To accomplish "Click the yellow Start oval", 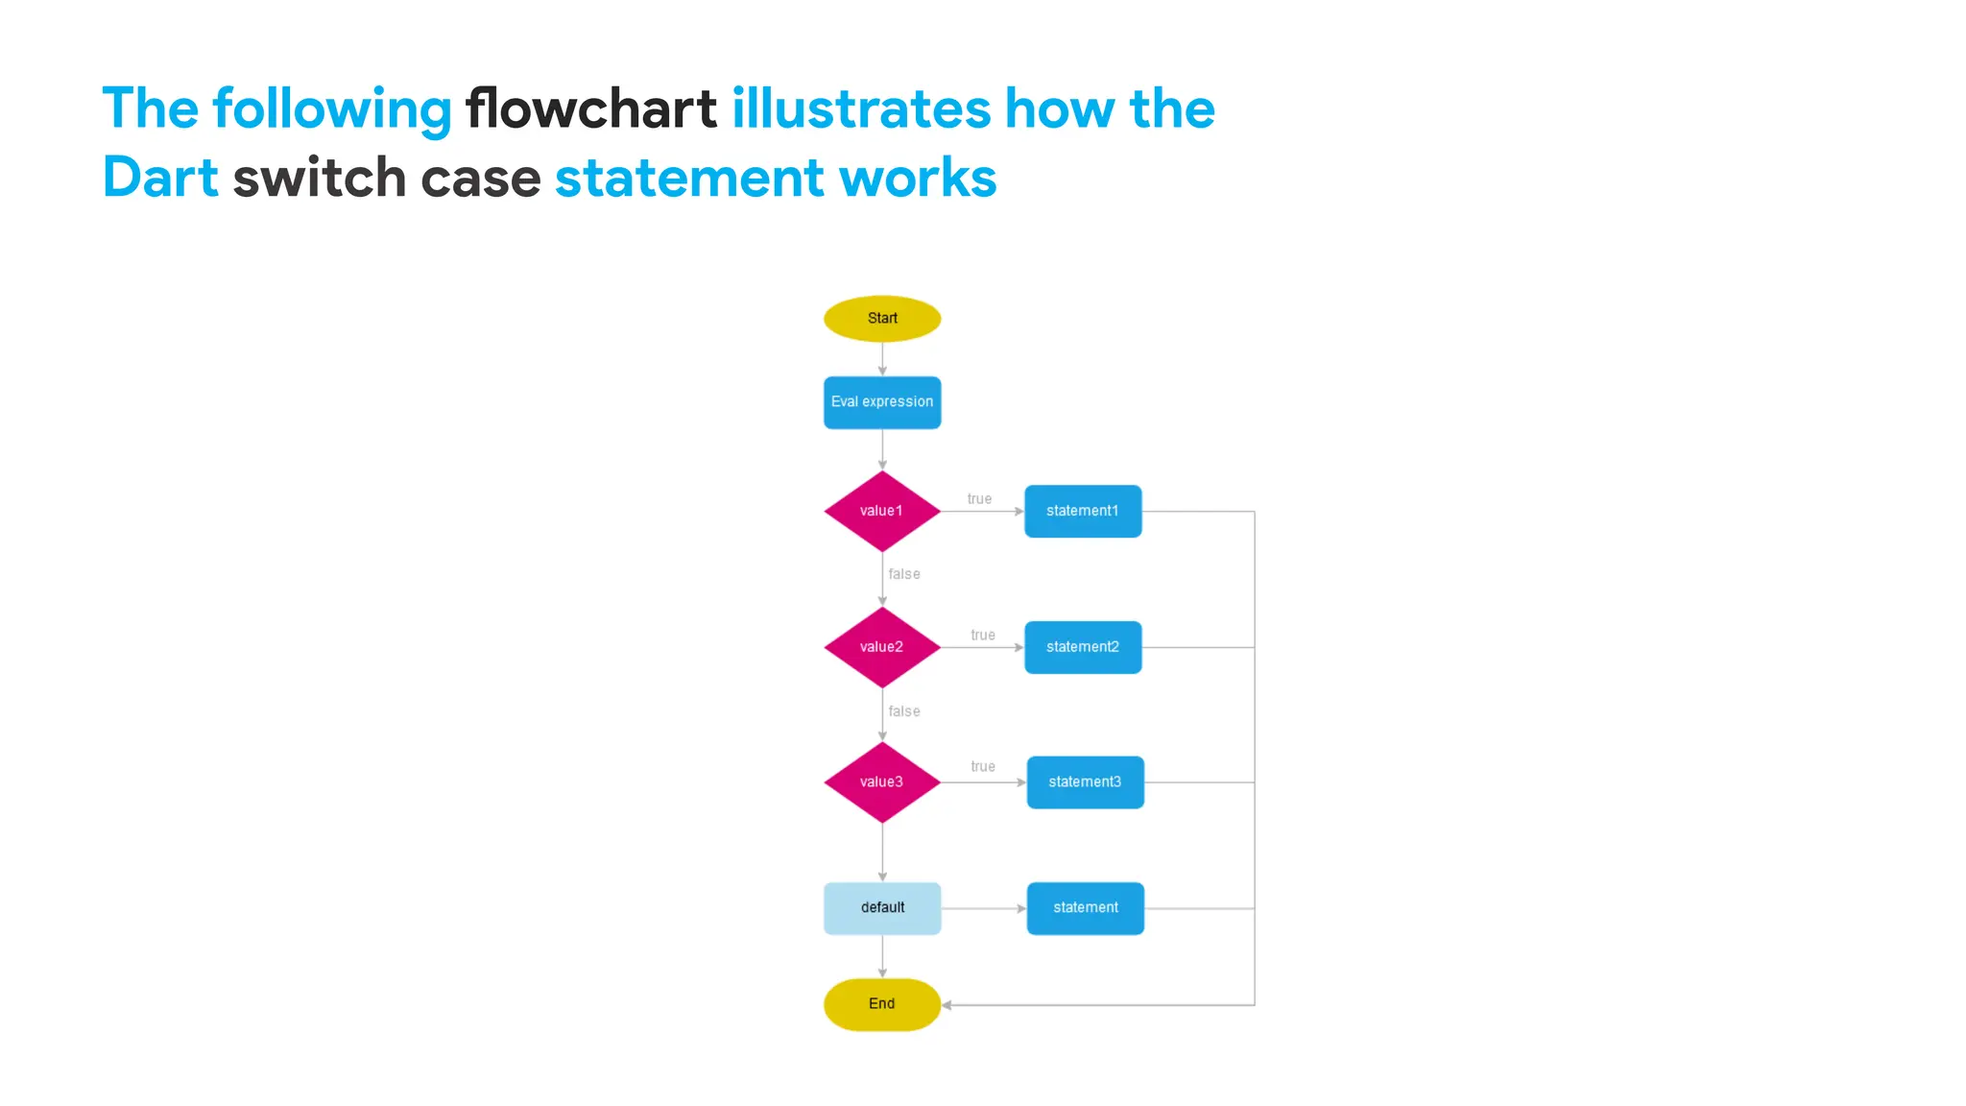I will coord(882,319).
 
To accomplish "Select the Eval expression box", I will coord(882,402).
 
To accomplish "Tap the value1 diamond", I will coord(882,511).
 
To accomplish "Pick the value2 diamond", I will coord(882,647).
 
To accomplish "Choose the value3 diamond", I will coord(882,782).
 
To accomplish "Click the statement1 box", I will coord(1083,511).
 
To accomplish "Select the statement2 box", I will coord(1083,647).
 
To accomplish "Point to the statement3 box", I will coord(1085,782).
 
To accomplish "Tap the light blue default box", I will coord(882,908).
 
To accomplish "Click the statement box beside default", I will coord(1085,908).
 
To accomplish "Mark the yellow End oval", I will coord(882,1004).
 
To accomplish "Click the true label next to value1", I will coord(979,499).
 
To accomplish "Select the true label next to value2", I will coord(983,636).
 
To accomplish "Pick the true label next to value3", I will coord(983,767).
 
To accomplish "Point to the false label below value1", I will coord(904,574).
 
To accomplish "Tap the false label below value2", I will coord(904,711).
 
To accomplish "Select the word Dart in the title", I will coord(160,178).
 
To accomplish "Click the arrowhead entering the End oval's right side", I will coord(947,1005).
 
